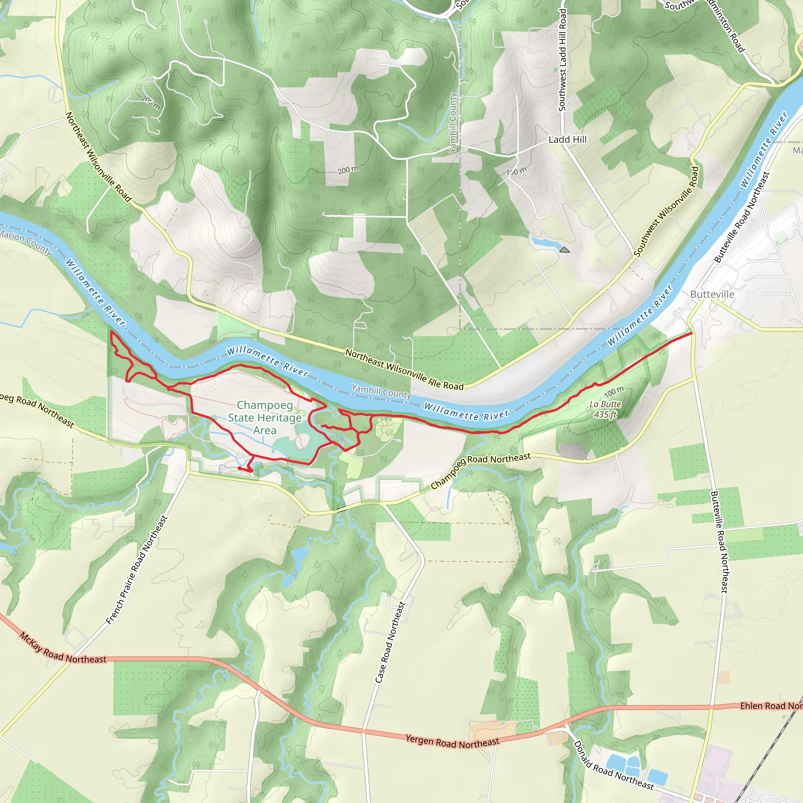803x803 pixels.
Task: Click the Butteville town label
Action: point(712,294)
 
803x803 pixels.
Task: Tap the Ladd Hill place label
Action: point(567,140)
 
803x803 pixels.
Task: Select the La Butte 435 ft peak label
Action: point(605,409)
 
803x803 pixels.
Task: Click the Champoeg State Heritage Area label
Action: point(265,417)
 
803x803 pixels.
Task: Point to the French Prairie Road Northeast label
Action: point(137,570)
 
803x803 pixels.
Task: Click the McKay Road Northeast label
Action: point(62,649)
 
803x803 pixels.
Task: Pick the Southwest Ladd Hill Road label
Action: point(562,60)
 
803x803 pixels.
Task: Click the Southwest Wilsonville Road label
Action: point(666,211)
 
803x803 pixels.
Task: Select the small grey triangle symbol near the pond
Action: point(565,250)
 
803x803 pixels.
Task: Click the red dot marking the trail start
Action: point(240,469)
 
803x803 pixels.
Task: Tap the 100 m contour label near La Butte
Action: point(614,391)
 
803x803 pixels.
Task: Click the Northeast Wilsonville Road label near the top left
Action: point(98,157)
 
